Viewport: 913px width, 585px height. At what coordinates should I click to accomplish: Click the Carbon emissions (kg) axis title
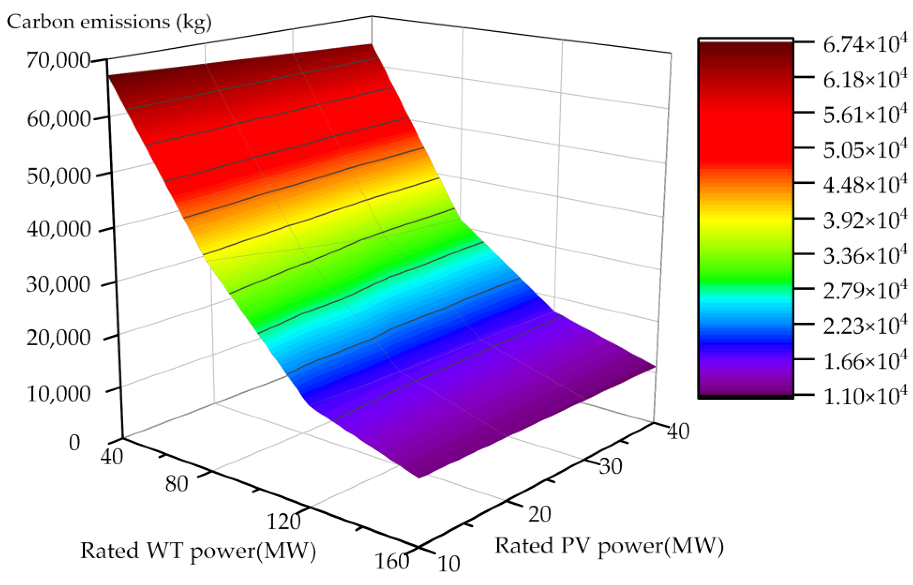click(x=109, y=22)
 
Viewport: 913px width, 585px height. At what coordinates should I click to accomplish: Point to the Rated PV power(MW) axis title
click(x=609, y=546)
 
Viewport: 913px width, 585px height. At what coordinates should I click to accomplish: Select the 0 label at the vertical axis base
click(x=74, y=443)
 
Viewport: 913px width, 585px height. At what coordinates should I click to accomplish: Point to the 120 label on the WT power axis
click(x=284, y=522)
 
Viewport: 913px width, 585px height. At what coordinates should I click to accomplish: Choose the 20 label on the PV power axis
click(x=540, y=515)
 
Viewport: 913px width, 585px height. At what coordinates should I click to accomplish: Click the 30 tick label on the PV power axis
click(x=610, y=466)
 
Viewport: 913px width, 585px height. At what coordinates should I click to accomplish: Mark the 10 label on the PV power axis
click(x=449, y=564)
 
